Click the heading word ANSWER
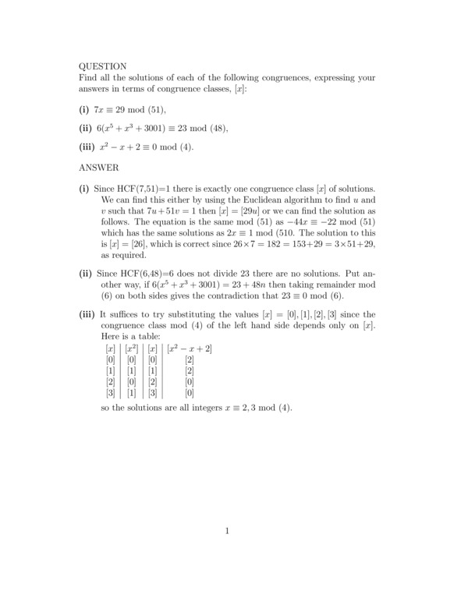click(99, 167)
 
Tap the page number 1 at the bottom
click(227, 532)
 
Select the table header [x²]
click(132, 348)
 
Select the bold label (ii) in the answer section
click(86, 274)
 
